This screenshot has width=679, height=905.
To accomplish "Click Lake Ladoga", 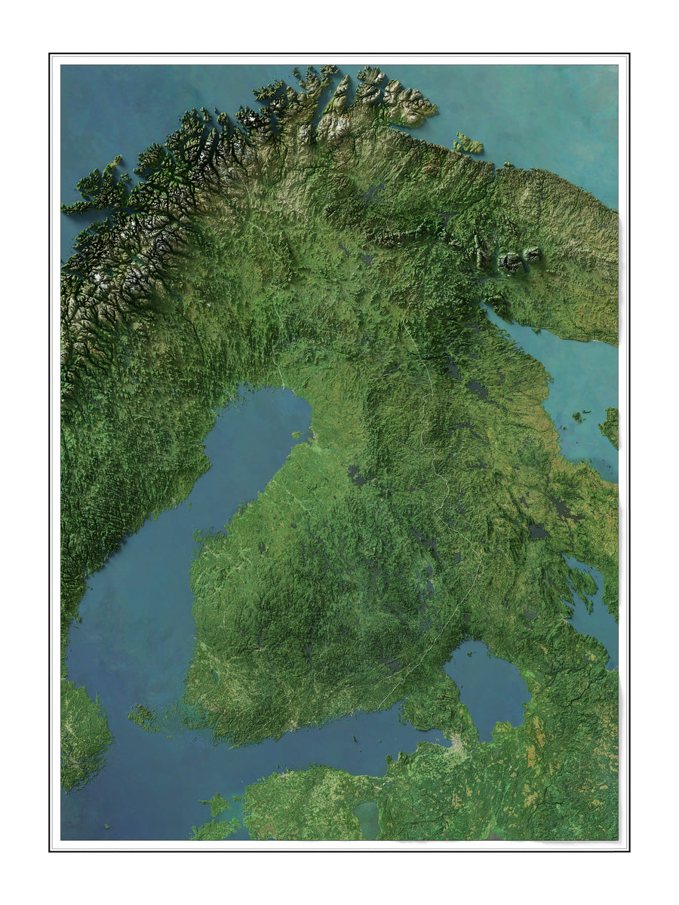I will point(487,686).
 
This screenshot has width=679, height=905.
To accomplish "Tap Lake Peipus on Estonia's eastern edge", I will point(367,818).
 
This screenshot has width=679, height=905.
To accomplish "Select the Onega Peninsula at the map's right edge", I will point(610,427).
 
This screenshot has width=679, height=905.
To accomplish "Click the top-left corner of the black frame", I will point(50,54).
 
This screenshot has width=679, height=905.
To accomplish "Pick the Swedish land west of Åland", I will point(83,724).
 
